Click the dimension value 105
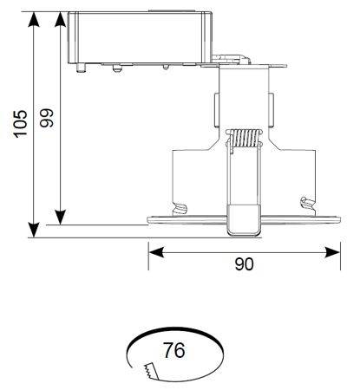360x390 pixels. (x=21, y=124)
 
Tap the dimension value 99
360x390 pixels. (x=47, y=118)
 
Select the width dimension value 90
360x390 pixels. (x=245, y=264)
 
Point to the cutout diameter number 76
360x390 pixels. (x=174, y=350)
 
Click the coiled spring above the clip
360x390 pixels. (x=244, y=138)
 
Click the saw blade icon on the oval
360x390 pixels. (x=151, y=371)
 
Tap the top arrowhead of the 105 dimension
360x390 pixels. (x=34, y=20)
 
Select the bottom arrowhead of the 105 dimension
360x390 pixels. (x=34, y=230)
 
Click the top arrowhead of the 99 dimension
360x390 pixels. (x=60, y=20)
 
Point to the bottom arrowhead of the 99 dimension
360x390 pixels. (x=60, y=218)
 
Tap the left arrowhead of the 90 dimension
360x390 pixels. (x=156, y=252)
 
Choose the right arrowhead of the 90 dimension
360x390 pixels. (x=332, y=252)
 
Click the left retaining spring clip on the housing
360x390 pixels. (x=180, y=209)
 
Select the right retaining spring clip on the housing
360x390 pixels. (x=307, y=203)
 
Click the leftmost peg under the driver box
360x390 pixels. (x=82, y=68)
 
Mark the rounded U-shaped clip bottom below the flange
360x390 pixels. (x=244, y=220)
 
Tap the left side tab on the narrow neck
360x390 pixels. (x=217, y=110)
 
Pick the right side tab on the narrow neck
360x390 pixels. (x=271, y=110)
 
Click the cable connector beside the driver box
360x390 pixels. (x=231, y=59)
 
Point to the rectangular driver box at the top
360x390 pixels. (x=140, y=37)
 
